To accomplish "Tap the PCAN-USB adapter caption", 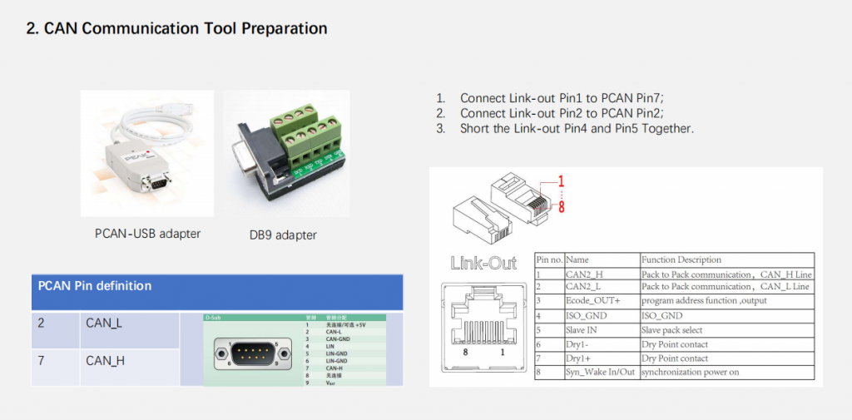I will tap(147, 234).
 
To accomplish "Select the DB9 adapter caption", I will tap(283, 235).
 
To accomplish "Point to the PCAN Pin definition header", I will tap(95, 286).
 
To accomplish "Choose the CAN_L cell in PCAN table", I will tap(104, 323).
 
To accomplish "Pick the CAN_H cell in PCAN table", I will tap(104, 361).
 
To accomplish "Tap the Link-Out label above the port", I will tap(483, 264).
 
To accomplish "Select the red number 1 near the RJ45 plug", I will tap(561, 180).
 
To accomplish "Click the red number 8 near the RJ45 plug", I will tap(561, 207).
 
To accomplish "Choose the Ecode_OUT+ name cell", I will tap(591, 299).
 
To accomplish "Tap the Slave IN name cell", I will tap(582, 330).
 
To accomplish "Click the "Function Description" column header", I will tap(681, 259).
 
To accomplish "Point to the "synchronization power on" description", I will tap(690, 372).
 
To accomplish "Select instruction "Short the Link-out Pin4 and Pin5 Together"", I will tap(577, 129).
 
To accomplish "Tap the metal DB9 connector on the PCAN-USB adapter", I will tap(156, 180).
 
